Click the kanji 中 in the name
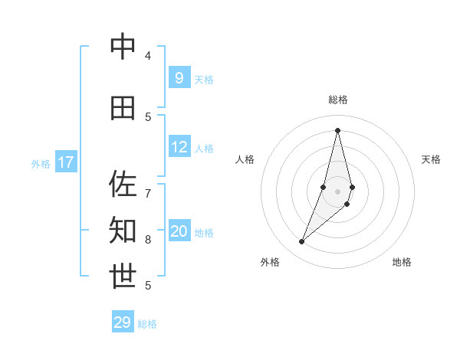click(123, 47)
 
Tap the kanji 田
click(123, 108)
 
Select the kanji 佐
click(123, 184)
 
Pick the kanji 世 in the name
click(123, 276)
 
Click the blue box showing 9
click(179, 77)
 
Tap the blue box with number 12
click(179, 148)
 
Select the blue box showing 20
click(179, 231)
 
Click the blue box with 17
click(66, 162)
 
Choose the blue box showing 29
click(123, 322)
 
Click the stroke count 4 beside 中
click(148, 56)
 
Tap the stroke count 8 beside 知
click(148, 239)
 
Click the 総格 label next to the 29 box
click(147, 324)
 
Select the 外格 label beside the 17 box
click(40, 163)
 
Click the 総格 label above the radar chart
click(337, 100)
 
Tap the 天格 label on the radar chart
click(431, 159)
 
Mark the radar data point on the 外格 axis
click(302, 242)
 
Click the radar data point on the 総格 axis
click(337, 130)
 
